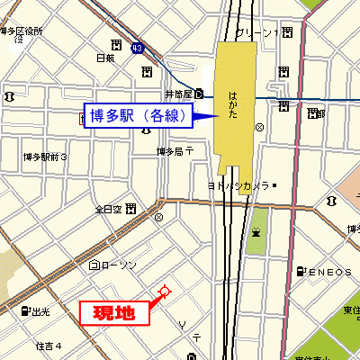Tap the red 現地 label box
click(x=114, y=313)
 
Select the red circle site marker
click(x=164, y=291)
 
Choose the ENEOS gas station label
click(x=321, y=271)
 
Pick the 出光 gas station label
click(x=40, y=312)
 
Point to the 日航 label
click(x=105, y=58)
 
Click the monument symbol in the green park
click(x=256, y=231)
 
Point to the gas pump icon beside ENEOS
click(x=301, y=271)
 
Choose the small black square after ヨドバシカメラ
click(x=274, y=186)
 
